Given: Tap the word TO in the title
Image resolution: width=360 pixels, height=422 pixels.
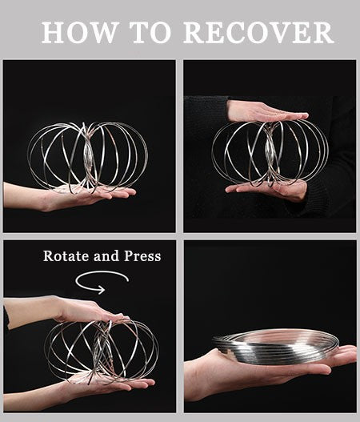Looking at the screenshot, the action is click(x=151, y=32).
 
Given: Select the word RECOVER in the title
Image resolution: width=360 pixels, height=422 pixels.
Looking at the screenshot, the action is click(x=258, y=32).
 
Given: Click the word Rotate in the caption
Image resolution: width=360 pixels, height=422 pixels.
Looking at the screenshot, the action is click(x=66, y=255).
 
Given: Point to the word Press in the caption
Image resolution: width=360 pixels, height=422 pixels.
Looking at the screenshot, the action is click(x=142, y=255).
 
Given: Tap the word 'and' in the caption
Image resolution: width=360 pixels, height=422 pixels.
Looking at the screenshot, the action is click(x=106, y=255).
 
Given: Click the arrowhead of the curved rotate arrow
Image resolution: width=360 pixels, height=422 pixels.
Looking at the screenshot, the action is click(x=102, y=290).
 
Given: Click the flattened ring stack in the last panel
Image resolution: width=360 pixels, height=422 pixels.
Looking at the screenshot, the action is click(x=274, y=347).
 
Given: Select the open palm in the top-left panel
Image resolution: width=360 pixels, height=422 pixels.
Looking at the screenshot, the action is click(x=81, y=196).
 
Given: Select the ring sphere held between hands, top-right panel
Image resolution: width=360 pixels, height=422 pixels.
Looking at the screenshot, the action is click(x=270, y=153).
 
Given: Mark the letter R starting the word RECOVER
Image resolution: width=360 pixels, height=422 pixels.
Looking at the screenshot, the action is click(x=193, y=32).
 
